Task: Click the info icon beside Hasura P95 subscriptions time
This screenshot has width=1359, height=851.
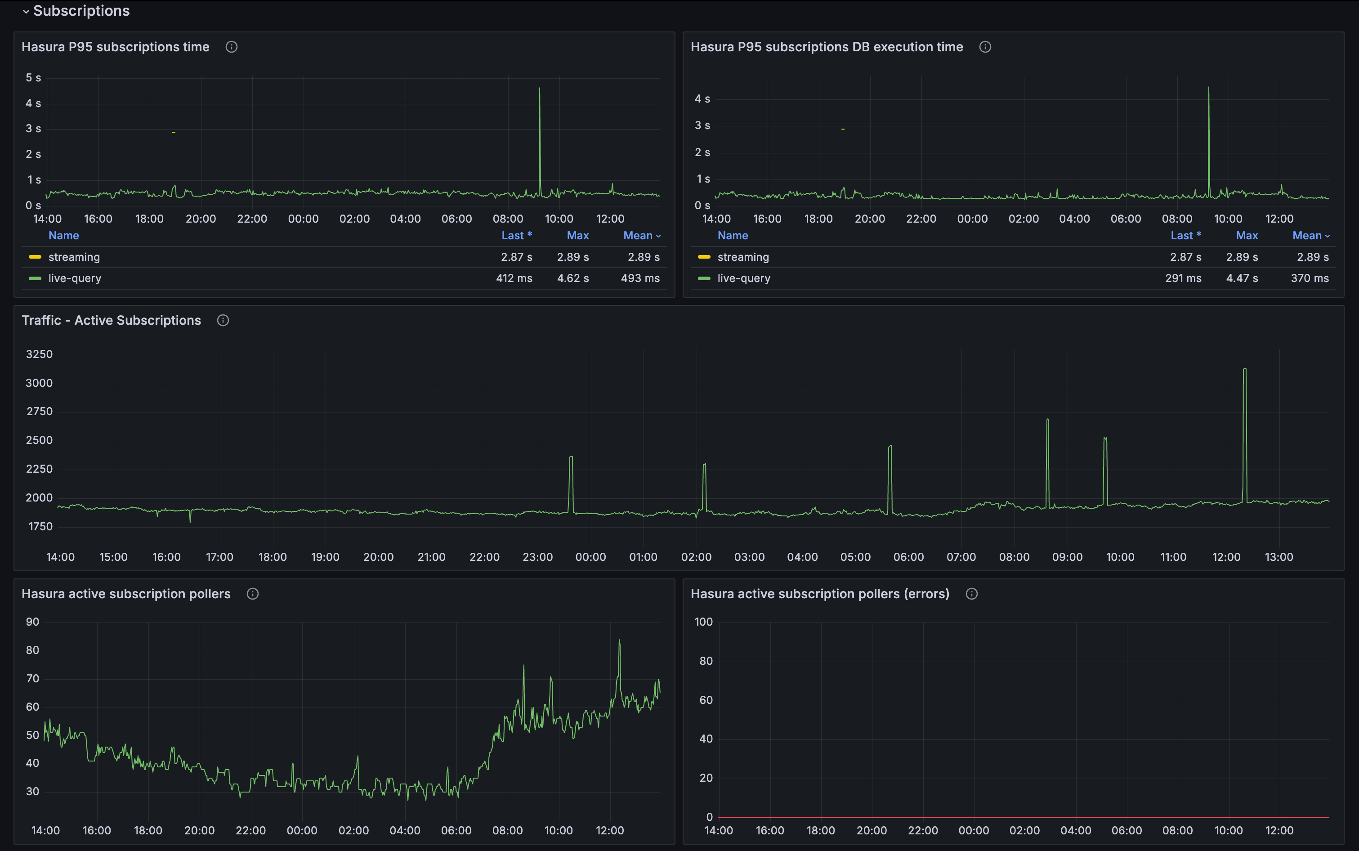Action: tap(231, 47)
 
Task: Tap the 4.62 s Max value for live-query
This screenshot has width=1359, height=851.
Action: tap(572, 278)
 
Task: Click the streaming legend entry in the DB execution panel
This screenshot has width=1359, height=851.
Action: tap(742, 257)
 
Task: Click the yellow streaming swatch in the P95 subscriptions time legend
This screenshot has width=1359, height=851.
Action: tap(35, 257)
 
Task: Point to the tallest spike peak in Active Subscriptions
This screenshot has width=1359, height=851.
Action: tap(1244, 369)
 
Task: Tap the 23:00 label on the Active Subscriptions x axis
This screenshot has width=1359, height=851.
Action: tap(537, 557)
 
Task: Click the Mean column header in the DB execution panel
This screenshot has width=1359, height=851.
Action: tap(1307, 235)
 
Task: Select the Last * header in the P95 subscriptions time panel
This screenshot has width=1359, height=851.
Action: tap(516, 235)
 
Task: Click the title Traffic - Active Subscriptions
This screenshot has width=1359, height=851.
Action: tap(111, 320)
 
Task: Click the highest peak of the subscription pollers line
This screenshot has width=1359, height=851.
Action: tap(619, 640)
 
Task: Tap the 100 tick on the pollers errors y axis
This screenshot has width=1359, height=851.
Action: tap(703, 622)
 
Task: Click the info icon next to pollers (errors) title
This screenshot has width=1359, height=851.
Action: tap(971, 594)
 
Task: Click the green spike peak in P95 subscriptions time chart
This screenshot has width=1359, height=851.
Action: tap(539, 88)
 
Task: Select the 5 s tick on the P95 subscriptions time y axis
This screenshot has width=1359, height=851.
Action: tap(33, 78)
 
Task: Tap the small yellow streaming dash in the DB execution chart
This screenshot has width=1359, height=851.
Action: tap(842, 129)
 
